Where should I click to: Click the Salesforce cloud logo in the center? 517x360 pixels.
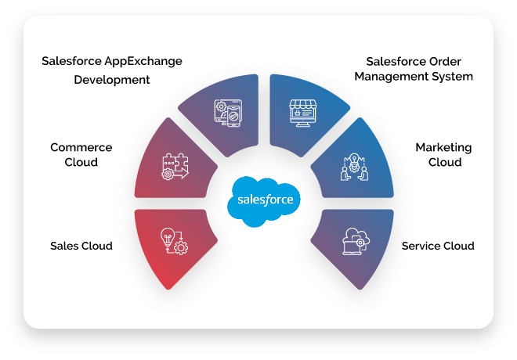coord(264,200)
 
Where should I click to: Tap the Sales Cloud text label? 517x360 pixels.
coord(81,246)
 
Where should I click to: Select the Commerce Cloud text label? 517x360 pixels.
coord(81,155)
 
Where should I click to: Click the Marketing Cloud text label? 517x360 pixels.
coord(443,155)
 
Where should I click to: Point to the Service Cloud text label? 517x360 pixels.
coord(438,246)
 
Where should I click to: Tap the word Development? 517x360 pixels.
coord(112,80)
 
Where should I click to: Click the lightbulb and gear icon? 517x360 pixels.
coord(174,240)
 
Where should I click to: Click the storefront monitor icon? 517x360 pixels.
coord(303,114)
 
